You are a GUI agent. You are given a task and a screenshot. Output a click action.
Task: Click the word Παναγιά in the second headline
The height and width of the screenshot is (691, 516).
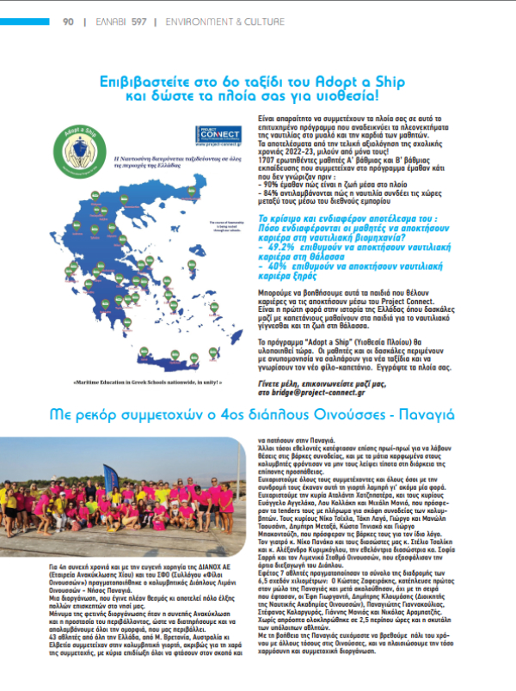(x=452, y=413)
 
